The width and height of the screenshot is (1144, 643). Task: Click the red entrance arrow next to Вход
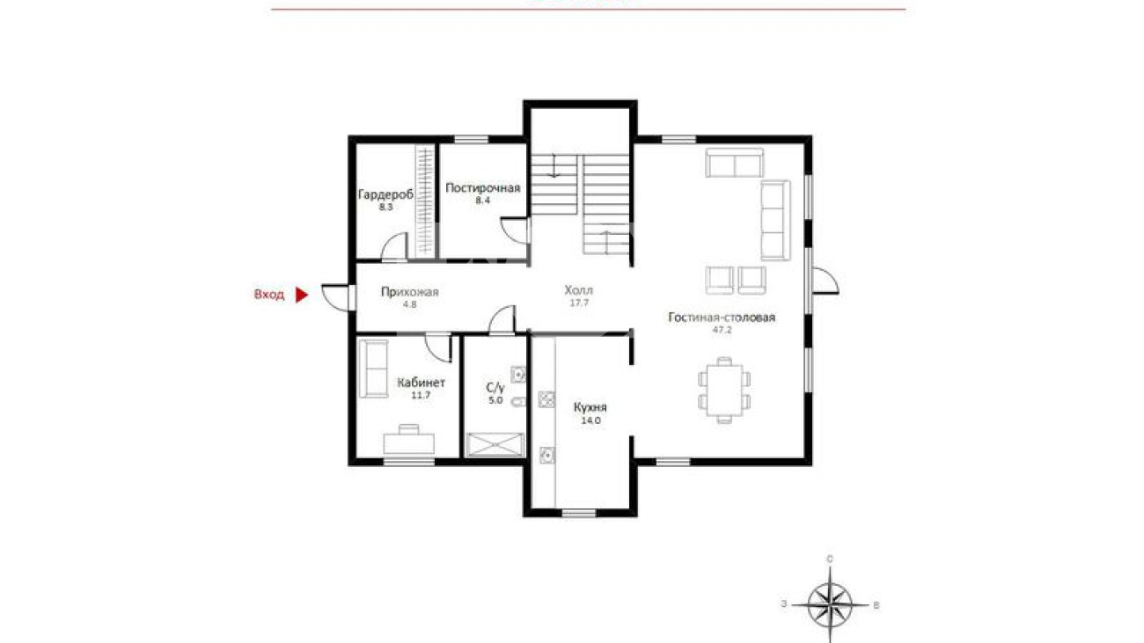(302, 295)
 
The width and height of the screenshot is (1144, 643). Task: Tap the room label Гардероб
(385, 195)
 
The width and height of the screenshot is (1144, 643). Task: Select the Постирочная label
(482, 187)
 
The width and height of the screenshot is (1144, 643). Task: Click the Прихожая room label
(409, 292)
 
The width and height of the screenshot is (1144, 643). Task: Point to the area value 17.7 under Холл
(579, 303)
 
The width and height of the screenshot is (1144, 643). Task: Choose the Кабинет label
(421, 383)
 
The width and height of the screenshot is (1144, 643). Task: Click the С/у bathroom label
(495, 387)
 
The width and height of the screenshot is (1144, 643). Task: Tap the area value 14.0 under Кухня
(590, 420)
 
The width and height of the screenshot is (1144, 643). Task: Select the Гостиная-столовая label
(722, 318)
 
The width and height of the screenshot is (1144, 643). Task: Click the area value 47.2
(722, 330)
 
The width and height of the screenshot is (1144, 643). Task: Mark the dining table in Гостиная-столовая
(724, 391)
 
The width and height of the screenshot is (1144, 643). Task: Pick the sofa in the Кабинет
(373, 369)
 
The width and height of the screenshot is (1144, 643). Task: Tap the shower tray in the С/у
(495, 445)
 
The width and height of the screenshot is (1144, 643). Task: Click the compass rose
(830, 605)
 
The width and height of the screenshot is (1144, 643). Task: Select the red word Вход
(269, 295)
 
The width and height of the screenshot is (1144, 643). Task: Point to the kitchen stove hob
(546, 399)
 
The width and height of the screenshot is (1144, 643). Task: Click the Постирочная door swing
(514, 230)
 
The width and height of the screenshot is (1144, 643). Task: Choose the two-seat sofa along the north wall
(735, 163)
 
